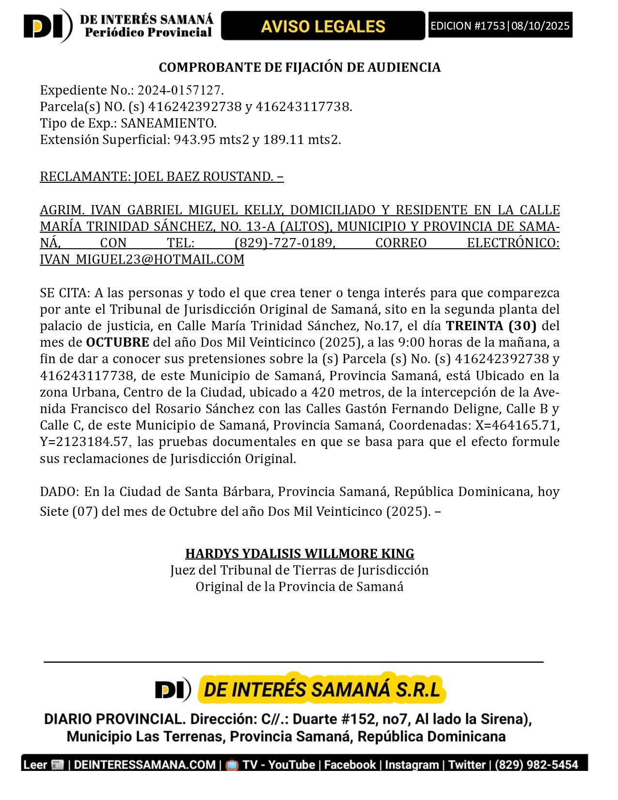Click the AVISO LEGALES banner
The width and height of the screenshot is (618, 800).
(323, 26)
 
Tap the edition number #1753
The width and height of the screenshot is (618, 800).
(489, 26)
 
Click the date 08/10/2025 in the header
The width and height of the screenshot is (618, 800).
(540, 26)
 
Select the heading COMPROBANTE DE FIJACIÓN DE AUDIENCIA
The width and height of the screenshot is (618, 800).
(300, 67)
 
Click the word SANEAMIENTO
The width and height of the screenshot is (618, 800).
(168, 123)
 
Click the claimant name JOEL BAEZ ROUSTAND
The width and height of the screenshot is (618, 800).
(203, 176)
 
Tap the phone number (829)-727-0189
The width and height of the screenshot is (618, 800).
(285, 242)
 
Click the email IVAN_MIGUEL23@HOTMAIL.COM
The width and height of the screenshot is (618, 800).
(142, 259)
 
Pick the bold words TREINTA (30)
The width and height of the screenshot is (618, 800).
(491, 326)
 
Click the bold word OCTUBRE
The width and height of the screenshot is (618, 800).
(117, 342)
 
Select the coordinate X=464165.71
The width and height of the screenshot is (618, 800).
(516, 425)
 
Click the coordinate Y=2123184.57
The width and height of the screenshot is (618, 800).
(84, 442)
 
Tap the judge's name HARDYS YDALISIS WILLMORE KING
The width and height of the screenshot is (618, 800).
(300, 554)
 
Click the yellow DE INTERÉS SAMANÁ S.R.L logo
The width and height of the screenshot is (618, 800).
(322, 689)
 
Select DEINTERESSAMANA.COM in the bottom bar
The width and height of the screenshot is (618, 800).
(144, 765)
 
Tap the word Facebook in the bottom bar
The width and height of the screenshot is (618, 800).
(349, 765)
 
